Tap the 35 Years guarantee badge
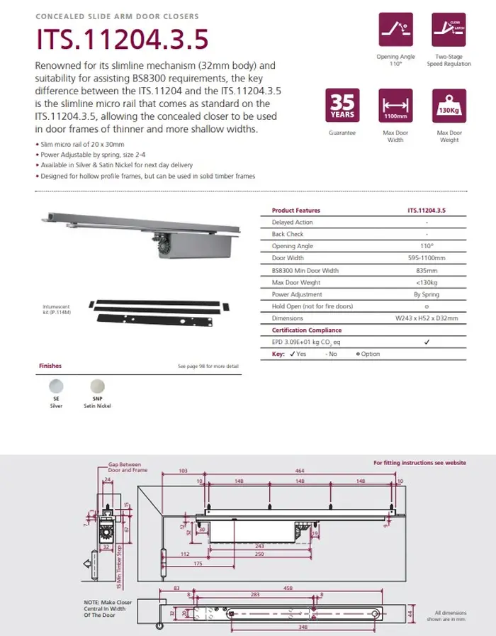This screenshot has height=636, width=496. coord(342,106)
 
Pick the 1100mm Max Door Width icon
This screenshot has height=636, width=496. coord(395,106)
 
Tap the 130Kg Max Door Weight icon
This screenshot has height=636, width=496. coord(449,106)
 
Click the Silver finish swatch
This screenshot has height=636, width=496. coord(55,386)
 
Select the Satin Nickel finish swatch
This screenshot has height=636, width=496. coord(98,386)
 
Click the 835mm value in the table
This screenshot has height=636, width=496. coord(427,270)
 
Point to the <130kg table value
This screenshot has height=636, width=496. coord(427,282)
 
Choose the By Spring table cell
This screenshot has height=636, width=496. coord(427,294)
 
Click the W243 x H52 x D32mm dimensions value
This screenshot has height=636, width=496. coord(427,318)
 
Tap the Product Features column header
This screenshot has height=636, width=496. coord(296,211)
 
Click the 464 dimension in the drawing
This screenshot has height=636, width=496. coord(300,471)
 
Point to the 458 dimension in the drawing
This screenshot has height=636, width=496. coord(289,588)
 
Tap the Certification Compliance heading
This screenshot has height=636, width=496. coord(307,330)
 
